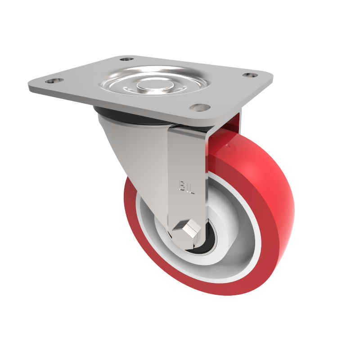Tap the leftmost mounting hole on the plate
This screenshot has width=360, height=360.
coord(54,81)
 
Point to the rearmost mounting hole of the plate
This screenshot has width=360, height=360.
coord(127,58)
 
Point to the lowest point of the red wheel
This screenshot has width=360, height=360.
coord(225,295)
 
